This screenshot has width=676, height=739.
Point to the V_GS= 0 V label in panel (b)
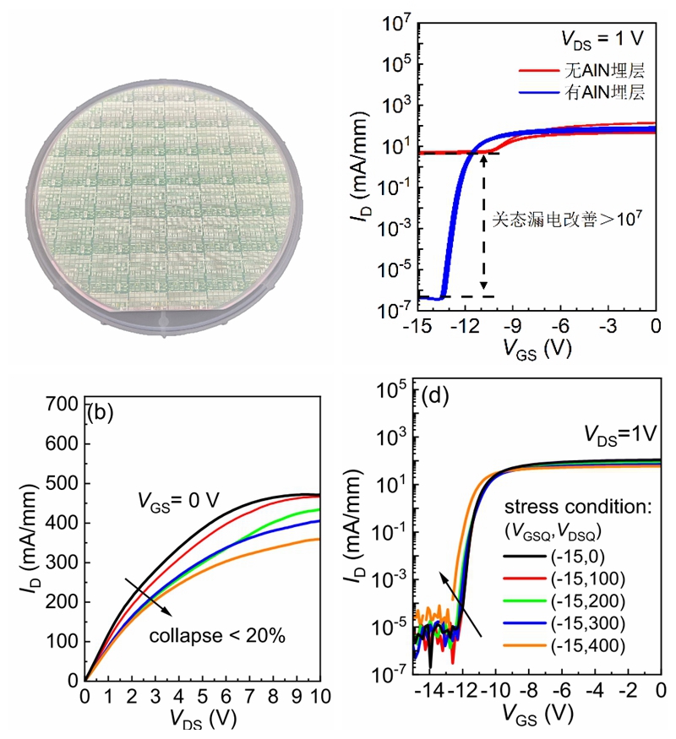click(179, 500)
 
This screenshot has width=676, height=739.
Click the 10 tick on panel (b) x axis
click(319, 696)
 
